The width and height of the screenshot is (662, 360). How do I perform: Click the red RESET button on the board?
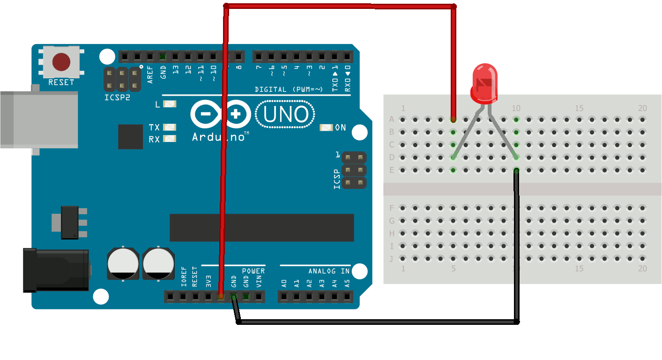pos(61,61)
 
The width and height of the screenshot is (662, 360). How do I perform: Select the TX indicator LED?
pos(170,127)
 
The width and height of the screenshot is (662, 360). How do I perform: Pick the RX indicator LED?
pos(170,139)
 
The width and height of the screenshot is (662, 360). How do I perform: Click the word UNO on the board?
pos(285,115)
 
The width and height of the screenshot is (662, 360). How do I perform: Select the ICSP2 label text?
pos(117,98)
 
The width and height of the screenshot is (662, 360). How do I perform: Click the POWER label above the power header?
pos(253,271)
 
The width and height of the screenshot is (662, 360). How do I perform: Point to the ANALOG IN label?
pos(329,271)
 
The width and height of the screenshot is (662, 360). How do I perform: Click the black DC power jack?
pos(56,270)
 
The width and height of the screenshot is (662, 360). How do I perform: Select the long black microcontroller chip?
pos(261,227)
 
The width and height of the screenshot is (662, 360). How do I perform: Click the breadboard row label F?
pos(392,208)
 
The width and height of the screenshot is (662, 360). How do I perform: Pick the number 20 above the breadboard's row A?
pos(642,108)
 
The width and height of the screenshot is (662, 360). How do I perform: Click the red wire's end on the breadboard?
pos(453,119)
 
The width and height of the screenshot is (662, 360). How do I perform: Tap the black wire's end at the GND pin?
pos(233,297)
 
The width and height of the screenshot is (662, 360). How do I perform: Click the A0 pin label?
pos(284,284)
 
